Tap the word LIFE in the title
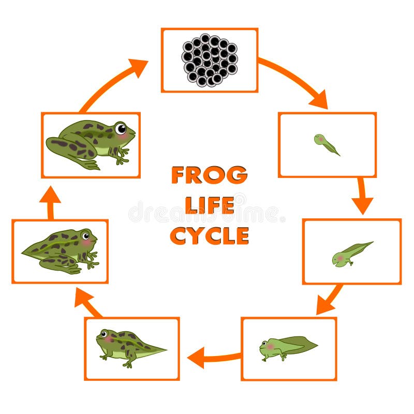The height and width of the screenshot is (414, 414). coord(209,205)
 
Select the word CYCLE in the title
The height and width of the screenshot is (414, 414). coord(209,235)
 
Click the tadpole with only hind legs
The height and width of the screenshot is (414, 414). coord(351,253)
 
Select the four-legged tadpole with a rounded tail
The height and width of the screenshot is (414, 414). coord(288,348)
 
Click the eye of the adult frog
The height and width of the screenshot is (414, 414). coord(120,128)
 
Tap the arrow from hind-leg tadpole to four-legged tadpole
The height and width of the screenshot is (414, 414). coord(329,300)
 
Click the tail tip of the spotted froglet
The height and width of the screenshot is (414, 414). coord(165,349)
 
